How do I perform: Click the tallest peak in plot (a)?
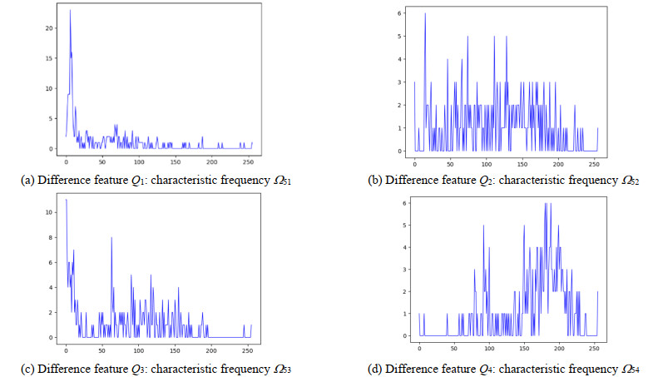tap(70, 11)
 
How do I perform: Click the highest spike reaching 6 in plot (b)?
tap(425, 14)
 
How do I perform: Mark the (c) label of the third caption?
tap(28, 367)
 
